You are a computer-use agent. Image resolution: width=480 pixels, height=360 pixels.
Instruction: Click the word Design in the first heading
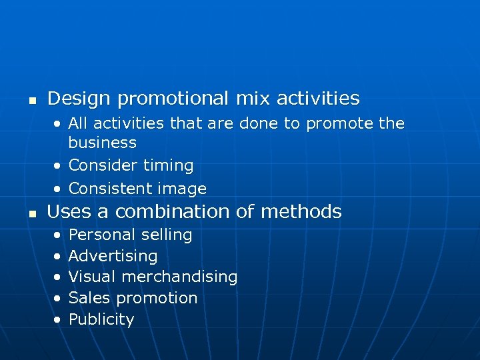click(79, 99)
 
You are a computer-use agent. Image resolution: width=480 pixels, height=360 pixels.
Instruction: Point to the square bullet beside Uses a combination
click(31, 215)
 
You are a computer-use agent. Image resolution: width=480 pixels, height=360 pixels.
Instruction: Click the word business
click(102, 143)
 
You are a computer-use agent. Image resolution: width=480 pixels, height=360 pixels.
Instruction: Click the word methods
click(301, 212)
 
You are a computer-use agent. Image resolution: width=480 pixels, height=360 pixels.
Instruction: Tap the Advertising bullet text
click(113, 256)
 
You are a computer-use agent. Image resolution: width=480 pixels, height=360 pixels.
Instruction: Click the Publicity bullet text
click(101, 319)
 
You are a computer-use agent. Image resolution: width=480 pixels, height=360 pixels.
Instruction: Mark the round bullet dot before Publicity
click(58, 320)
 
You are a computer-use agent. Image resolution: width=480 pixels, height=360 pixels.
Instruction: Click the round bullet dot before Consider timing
click(58, 166)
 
